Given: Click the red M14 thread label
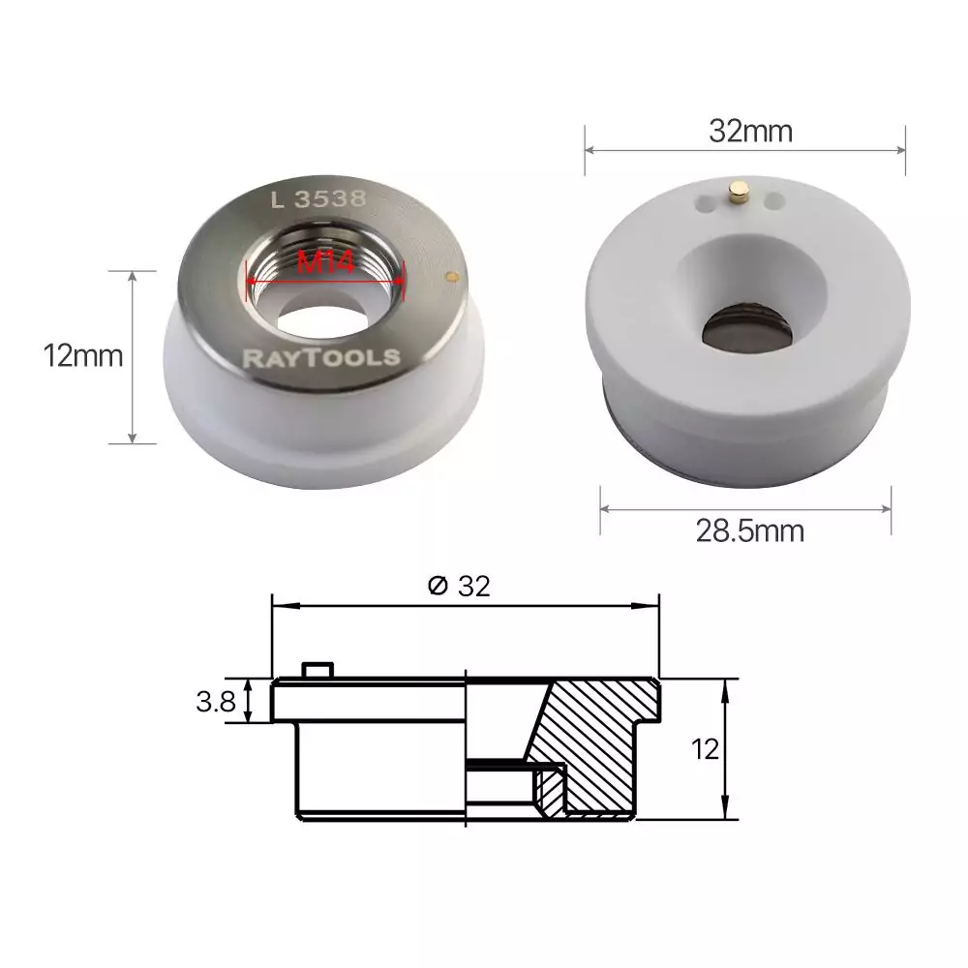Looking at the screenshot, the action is [325, 262].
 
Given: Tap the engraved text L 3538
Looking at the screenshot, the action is [318, 198].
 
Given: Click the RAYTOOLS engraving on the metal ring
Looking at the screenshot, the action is [321, 357].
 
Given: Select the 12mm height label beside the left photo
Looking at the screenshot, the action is [83, 356].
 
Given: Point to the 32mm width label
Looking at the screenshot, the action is [751, 131].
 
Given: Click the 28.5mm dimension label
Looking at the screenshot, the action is [750, 530].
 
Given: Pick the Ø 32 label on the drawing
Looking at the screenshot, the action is [459, 586].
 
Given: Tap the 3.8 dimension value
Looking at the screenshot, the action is [216, 702].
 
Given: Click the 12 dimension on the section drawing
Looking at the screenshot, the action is [705, 749].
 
